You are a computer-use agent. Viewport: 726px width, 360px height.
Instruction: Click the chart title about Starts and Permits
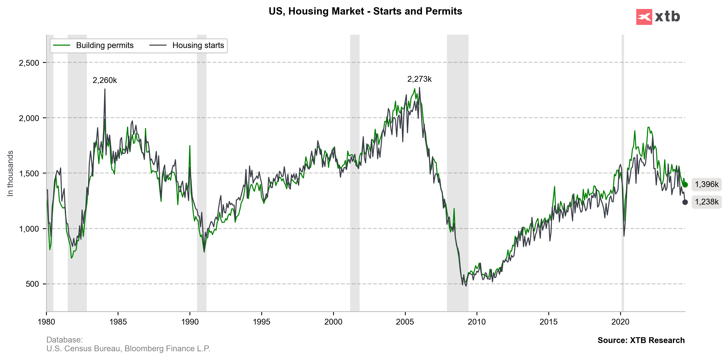(365, 11)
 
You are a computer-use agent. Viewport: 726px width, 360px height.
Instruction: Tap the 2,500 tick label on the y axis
(29, 63)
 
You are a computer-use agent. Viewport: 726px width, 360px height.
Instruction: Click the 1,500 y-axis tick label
(29, 173)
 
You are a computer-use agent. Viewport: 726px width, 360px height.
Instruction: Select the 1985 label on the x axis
(118, 322)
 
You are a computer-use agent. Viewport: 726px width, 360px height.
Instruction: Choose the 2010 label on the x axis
(477, 322)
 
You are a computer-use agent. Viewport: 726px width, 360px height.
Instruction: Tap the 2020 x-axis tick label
(620, 322)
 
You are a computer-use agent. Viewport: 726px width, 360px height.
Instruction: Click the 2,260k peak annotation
(105, 81)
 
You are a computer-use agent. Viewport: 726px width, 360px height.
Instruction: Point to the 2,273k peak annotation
(419, 79)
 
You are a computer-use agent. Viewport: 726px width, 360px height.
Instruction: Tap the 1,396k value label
(707, 185)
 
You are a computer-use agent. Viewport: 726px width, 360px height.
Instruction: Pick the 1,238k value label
(707, 202)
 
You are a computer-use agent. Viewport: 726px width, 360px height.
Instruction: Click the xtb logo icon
(644, 17)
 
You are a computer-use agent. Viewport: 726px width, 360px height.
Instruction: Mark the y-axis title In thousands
(10, 173)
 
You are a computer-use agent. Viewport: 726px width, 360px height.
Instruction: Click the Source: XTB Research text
(641, 340)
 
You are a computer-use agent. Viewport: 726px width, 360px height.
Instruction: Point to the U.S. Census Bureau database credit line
(128, 349)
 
